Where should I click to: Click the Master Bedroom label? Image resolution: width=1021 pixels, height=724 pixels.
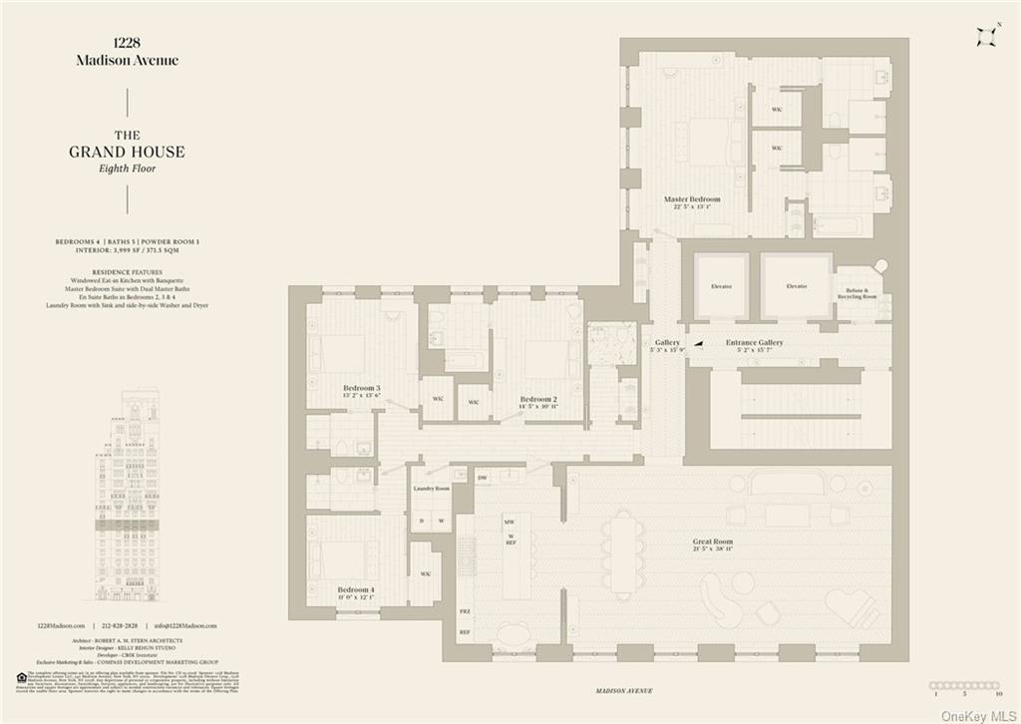(692, 199)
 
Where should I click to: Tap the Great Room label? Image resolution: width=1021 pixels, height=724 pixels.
(713, 543)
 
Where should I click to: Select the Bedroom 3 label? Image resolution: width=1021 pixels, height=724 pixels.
(362, 387)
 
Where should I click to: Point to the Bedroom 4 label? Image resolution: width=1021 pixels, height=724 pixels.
(356, 589)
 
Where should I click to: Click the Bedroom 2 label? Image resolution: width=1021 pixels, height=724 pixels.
(538, 399)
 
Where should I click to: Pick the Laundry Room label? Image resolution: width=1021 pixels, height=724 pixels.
(432, 489)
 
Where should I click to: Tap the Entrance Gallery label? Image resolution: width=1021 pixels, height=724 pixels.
(754, 342)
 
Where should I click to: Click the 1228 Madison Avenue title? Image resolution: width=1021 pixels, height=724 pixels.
(127, 52)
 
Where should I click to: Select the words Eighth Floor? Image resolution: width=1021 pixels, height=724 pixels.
(127, 169)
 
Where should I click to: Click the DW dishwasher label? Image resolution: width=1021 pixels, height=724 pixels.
(482, 479)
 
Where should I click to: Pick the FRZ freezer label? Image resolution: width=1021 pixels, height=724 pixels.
(465, 610)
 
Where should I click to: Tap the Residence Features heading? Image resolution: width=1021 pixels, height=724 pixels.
(127, 271)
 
